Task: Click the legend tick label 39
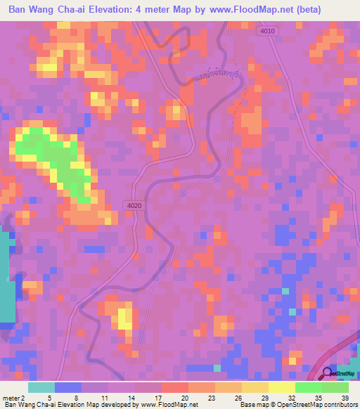[345, 398]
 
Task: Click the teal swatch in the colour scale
[41, 387]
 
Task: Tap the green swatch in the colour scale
[308, 387]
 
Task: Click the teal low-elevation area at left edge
[6, 281]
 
